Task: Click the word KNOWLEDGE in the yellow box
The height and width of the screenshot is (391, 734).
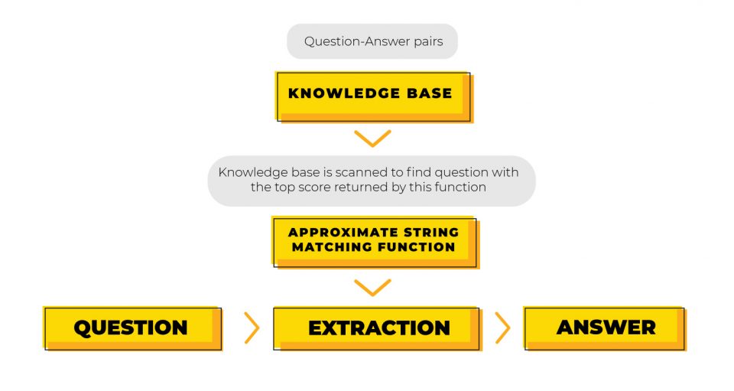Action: (x=336, y=93)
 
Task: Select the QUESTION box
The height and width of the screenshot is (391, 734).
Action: (x=131, y=327)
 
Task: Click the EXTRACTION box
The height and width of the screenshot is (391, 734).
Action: (x=378, y=327)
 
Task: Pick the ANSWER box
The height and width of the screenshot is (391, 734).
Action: (x=606, y=327)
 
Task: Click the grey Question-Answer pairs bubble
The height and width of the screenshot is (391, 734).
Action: (x=372, y=41)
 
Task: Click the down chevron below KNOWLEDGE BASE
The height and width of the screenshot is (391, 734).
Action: (x=372, y=138)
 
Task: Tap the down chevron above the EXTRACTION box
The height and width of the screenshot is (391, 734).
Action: (x=372, y=287)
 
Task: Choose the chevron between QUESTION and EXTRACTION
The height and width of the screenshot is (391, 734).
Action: (x=252, y=327)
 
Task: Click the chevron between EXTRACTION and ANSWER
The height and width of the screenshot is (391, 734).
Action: (x=502, y=327)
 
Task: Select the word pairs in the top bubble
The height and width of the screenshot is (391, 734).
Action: (x=425, y=41)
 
